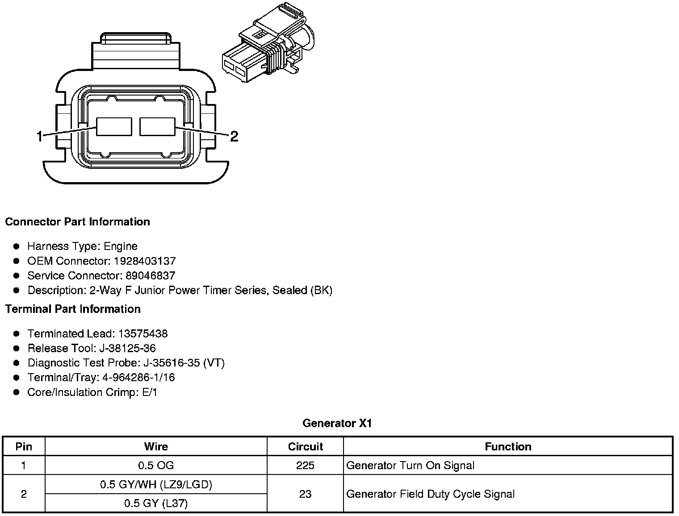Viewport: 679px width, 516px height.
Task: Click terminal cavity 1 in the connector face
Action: tap(114, 127)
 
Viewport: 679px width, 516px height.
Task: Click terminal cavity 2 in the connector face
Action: tap(157, 127)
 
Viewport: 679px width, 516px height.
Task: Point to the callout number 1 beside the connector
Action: tap(40, 137)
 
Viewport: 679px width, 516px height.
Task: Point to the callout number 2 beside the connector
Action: tap(234, 137)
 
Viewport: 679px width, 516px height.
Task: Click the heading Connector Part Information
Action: tap(77, 222)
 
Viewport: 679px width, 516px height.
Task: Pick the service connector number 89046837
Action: tap(150, 276)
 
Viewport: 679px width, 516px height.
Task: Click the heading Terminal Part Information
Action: tap(73, 309)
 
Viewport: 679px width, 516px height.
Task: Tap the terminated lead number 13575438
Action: tap(143, 334)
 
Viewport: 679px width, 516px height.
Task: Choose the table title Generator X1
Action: tap(337, 423)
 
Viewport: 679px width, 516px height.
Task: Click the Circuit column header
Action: tap(305, 447)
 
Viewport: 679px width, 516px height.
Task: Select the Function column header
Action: tap(508, 447)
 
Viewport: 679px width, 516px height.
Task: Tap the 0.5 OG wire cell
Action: tap(156, 466)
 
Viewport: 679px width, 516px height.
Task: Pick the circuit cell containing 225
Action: tap(305, 466)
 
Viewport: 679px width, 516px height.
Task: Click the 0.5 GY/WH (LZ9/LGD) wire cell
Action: tap(156, 485)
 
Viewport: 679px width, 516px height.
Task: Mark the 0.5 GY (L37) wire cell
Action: tap(156, 504)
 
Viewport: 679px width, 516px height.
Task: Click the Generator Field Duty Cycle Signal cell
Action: tap(431, 494)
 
